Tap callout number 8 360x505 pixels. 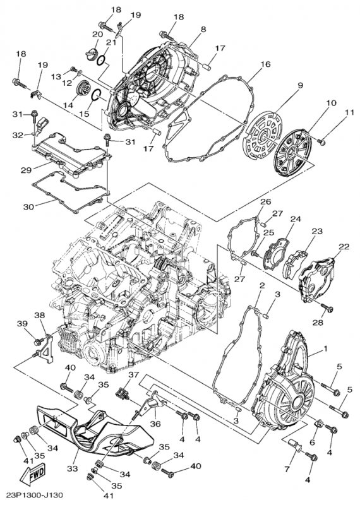pos(203,29)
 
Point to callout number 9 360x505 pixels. pos(301,85)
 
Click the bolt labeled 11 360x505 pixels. pos(322,142)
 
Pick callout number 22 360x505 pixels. pos(344,246)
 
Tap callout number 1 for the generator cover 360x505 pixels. pos(325,348)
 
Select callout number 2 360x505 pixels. pos(260,285)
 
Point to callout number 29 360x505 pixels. pos(26,170)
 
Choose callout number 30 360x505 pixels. pos(27,206)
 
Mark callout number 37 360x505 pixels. pos(133,375)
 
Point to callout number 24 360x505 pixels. pos(294,220)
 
